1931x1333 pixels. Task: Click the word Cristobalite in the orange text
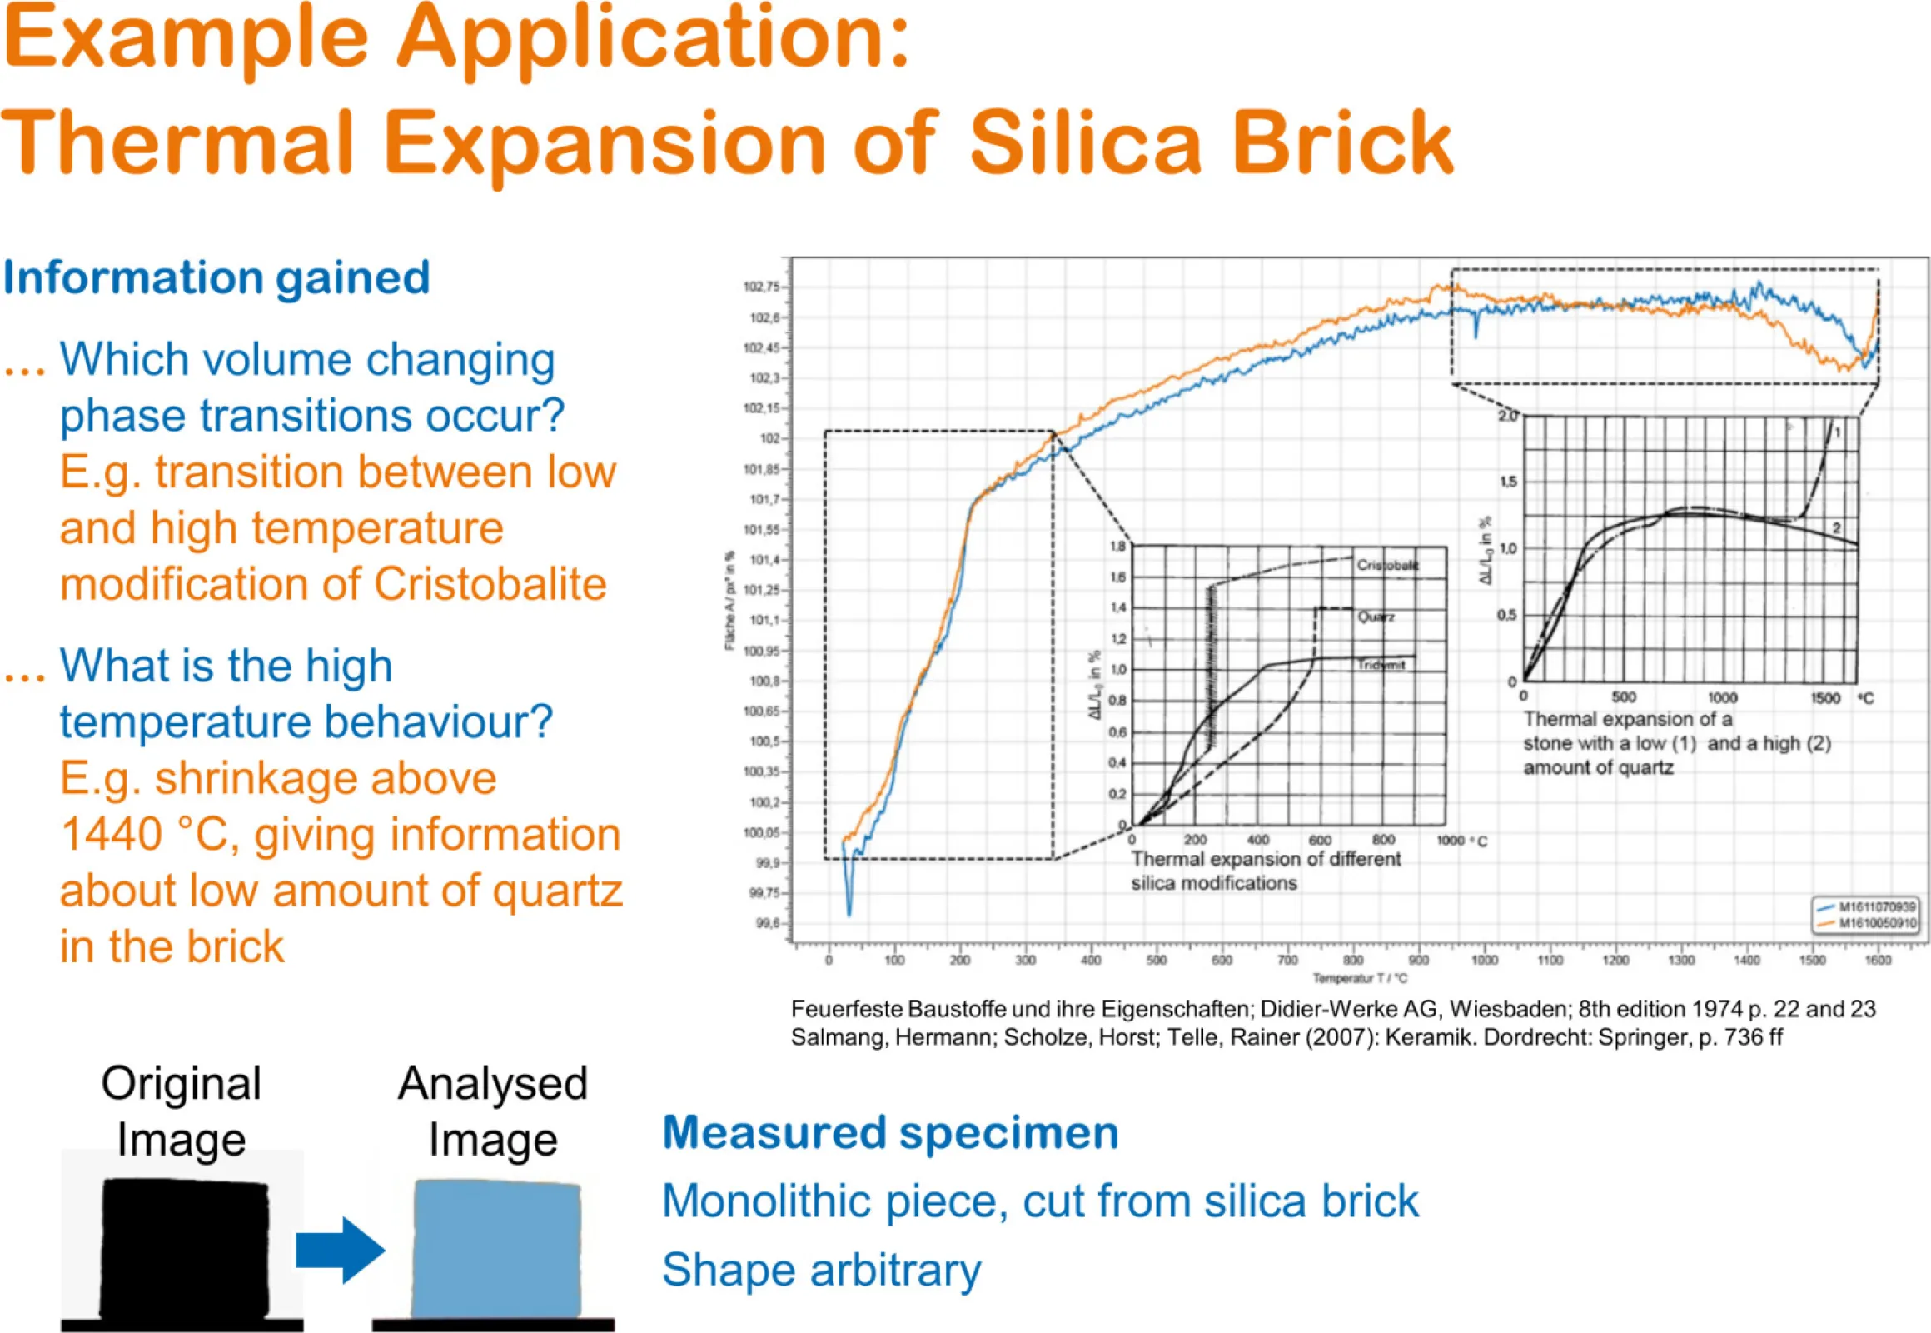tap(490, 584)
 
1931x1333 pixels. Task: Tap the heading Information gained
tap(216, 278)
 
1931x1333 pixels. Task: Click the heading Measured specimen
tap(890, 1132)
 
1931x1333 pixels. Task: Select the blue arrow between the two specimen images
tap(340, 1251)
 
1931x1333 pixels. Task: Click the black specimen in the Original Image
tap(185, 1248)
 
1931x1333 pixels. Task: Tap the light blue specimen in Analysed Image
tap(497, 1248)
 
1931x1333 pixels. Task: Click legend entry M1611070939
tap(1877, 907)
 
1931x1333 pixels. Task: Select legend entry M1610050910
tap(1877, 923)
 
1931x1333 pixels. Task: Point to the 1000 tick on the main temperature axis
tap(1484, 961)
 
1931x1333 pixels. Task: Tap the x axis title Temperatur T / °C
tap(1359, 978)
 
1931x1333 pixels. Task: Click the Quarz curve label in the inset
tap(1375, 617)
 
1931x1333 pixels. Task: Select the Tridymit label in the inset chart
tap(1381, 665)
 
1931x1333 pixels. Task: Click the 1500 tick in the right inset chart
tap(1825, 698)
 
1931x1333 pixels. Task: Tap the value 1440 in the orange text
tap(111, 835)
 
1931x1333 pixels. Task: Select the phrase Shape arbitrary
tap(822, 1271)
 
